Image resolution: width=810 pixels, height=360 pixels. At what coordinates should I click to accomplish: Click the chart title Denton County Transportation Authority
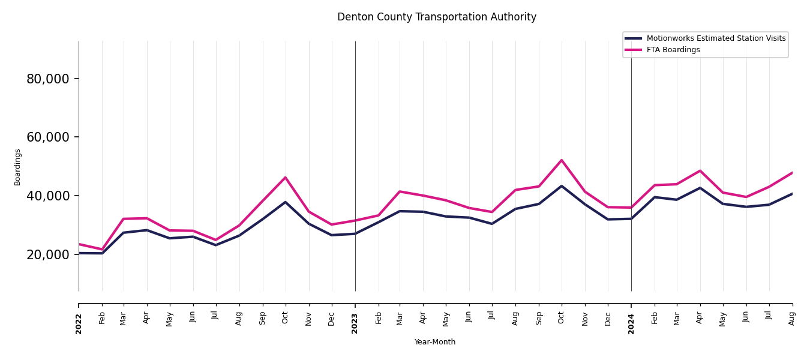point(437,17)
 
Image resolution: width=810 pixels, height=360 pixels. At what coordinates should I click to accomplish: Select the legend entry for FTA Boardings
point(673,50)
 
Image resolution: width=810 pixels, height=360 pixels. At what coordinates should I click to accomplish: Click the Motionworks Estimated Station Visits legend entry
point(716,38)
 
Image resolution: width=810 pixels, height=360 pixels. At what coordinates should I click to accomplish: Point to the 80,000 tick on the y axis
point(48,79)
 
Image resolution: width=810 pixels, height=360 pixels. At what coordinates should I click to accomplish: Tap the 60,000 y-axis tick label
point(48,137)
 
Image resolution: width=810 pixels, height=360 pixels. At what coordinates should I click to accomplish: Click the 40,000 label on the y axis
point(48,196)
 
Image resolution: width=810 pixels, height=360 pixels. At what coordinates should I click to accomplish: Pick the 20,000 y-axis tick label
point(48,254)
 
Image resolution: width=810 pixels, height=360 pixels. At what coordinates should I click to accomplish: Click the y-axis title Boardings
point(17,167)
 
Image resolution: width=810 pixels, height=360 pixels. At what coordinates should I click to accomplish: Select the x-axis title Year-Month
point(435,342)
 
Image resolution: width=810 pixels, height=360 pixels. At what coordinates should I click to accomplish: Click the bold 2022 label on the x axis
point(79,323)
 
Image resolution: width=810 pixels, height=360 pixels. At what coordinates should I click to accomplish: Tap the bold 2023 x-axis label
point(355,323)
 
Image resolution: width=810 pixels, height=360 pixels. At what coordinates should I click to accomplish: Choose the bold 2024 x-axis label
point(631,323)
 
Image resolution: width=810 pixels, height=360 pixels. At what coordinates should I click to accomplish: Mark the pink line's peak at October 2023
point(562,160)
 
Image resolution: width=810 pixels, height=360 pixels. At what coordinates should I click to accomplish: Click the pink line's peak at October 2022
point(286,178)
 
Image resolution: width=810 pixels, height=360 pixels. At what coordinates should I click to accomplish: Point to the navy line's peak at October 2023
point(562,186)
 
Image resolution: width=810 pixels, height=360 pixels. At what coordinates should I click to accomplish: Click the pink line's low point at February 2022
point(102,250)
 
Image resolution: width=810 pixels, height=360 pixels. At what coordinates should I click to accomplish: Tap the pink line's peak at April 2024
point(700,171)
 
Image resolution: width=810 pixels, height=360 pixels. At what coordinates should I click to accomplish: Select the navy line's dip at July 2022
point(216,245)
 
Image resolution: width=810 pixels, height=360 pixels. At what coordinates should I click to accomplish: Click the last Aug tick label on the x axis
point(792,318)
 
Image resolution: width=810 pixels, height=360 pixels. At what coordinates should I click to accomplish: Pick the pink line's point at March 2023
point(400,191)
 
